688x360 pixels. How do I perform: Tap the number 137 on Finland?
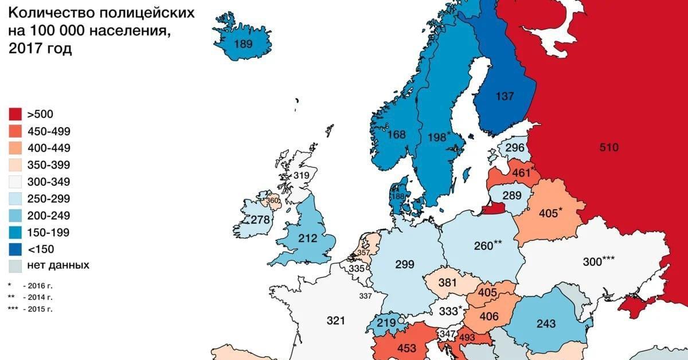coord(505,96)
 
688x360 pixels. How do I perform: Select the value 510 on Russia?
coord(609,147)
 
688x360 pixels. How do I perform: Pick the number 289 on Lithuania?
coord(511,195)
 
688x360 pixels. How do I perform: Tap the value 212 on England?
coord(308,238)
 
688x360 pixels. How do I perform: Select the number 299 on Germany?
coord(405,265)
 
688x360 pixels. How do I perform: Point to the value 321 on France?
coord(337,320)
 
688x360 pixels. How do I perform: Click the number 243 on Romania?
coord(545,324)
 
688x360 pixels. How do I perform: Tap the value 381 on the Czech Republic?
coord(448,283)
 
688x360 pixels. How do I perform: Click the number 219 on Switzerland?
coord(386,323)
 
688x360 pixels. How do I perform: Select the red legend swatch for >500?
coord(16,114)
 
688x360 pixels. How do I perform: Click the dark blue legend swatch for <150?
coord(16,249)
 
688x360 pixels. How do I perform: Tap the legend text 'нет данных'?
coord(58,265)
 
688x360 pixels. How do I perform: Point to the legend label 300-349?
coord(48,182)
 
